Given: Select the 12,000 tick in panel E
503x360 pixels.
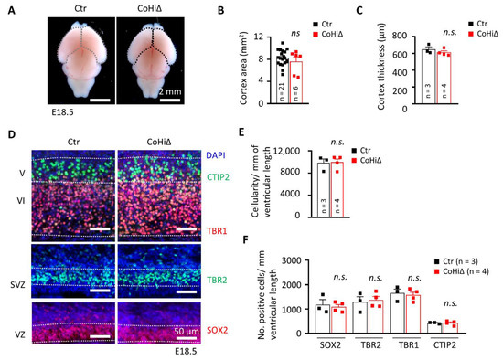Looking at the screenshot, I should (282, 150).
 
